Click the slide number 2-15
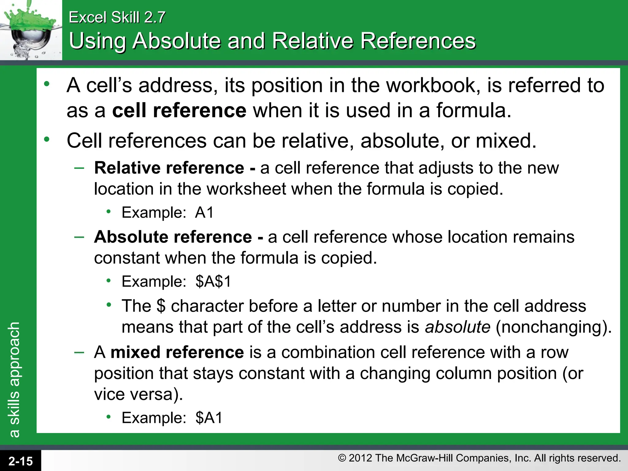pos(21,461)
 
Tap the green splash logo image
pos(31,30)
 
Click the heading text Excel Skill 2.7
pos(117,17)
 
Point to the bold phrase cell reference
pos(179,110)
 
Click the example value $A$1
pos(213,281)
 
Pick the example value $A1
pos(209,418)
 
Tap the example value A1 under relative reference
pos(204,213)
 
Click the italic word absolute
pos(458,327)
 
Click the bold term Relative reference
pos(169,168)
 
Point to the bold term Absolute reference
pos(173,237)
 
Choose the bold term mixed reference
pos(177,352)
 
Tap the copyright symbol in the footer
pos(342,458)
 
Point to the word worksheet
pos(246,189)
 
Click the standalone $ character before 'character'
pos(161,306)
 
